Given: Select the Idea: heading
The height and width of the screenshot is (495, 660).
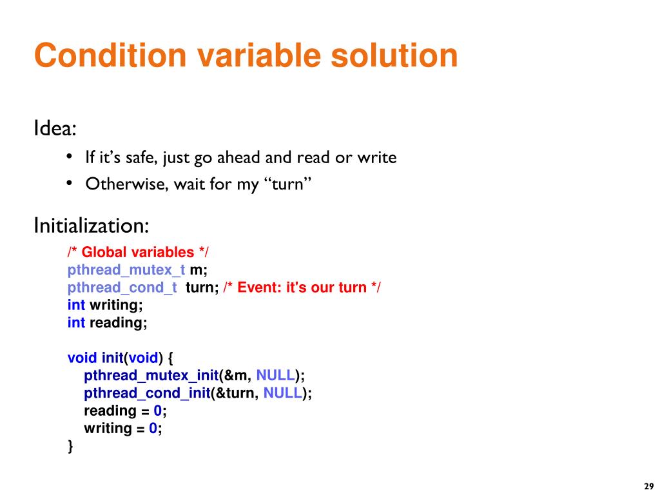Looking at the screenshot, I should pyautogui.click(x=55, y=129).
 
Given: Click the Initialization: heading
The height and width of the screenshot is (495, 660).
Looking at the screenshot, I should pyautogui.click(x=92, y=226).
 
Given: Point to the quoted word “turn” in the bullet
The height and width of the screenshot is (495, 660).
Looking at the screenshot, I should pyautogui.click(x=288, y=184).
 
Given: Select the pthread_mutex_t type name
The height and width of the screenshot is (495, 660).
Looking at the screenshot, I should pyautogui.click(x=126, y=269).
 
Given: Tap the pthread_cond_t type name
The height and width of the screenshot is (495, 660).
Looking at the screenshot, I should pyautogui.click(x=122, y=287).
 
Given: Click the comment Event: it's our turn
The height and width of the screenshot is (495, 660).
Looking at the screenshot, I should pyautogui.click(x=302, y=287).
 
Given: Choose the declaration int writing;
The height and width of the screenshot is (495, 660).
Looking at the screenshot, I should pyautogui.click(x=106, y=305).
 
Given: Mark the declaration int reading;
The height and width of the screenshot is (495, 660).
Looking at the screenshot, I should pyautogui.click(x=108, y=322).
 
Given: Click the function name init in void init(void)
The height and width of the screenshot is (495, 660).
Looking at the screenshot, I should pyautogui.click(x=112, y=358).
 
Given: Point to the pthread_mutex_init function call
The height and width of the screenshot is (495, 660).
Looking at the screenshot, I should pyautogui.click(x=151, y=375).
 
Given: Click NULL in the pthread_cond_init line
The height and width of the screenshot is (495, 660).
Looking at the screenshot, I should pyautogui.click(x=282, y=393).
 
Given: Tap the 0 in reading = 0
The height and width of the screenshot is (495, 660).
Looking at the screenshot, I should pyautogui.click(x=157, y=411).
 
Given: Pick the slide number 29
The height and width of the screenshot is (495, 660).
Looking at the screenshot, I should pyautogui.click(x=648, y=486).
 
